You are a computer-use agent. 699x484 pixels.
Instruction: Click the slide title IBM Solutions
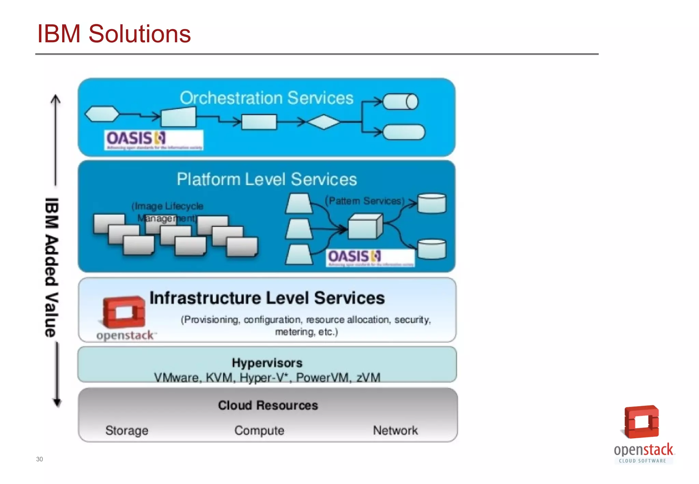point(114,34)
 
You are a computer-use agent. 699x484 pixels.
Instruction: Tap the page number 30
point(40,459)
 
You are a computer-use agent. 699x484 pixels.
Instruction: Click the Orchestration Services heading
point(266,98)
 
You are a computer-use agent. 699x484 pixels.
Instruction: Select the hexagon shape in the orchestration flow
point(102,114)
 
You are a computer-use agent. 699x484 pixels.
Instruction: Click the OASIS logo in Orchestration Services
point(153,140)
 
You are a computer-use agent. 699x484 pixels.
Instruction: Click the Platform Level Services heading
point(267,179)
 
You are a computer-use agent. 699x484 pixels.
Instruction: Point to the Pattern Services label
point(365,201)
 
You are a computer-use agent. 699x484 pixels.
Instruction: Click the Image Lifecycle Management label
point(167,212)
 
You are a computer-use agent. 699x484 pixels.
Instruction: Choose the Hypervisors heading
point(267,362)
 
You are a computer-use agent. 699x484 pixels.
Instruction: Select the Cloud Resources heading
point(268,405)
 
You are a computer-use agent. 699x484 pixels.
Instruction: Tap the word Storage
point(127,430)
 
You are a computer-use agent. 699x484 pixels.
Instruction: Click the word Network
point(395,430)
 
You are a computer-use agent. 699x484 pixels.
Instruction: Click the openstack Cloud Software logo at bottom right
point(643,433)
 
